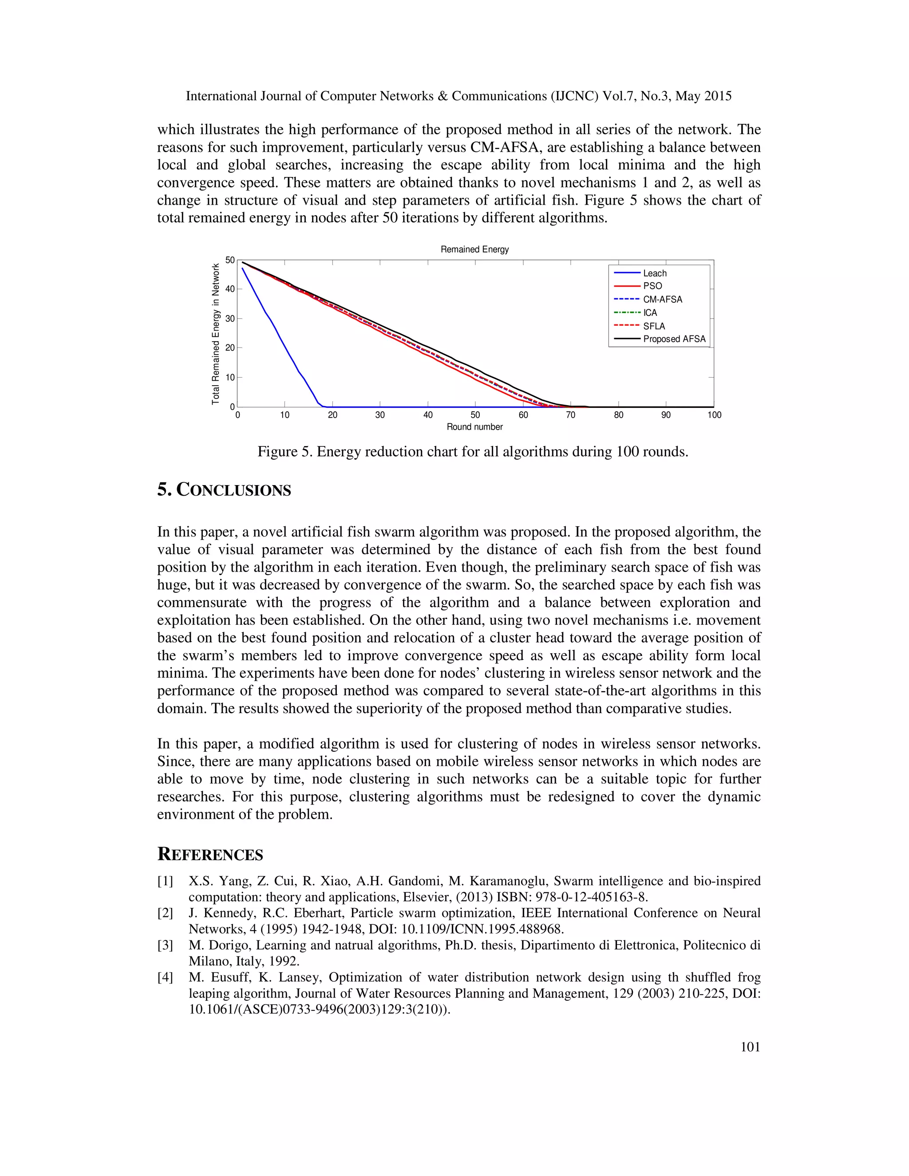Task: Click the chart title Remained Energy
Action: point(474,249)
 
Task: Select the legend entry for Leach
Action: point(654,273)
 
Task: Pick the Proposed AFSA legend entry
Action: point(674,339)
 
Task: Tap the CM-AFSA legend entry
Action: point(662,300)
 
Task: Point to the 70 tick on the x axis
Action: point(570,414)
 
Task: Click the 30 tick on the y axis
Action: point(230,318)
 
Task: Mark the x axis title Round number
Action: point(474,427)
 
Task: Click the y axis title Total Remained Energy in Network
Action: point(215,334)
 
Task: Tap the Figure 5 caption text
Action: point(472,451)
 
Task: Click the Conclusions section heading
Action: point(224,490)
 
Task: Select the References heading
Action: point(210,855)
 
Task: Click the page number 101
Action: point(750,1046)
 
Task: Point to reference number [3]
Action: point(165,945)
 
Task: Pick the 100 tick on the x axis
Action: point(714,414)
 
